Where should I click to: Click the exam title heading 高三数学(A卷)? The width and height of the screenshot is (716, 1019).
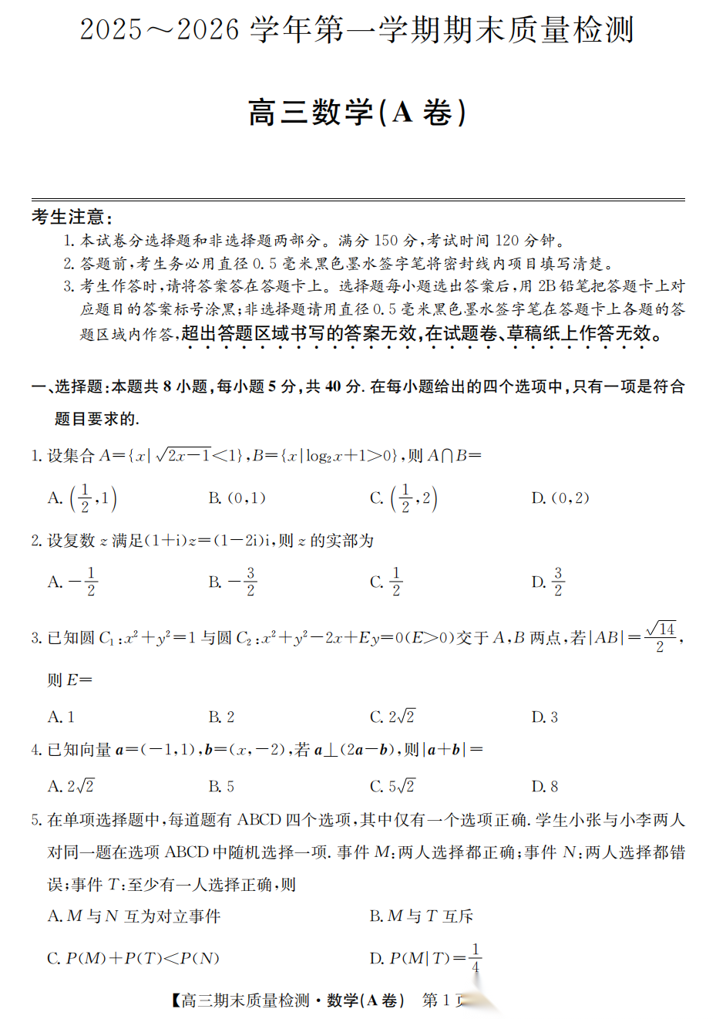[357, 113]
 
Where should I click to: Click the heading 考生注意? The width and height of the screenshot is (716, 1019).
[72, 217]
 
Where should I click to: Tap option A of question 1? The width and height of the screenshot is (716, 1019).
[82, 498]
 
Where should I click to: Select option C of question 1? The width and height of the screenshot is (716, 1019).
[404, 498]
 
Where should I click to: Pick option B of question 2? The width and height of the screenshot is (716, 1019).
[232, 582]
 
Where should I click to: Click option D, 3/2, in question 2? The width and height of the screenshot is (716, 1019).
[549, 582]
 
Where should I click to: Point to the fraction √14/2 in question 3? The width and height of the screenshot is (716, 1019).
[661, 637]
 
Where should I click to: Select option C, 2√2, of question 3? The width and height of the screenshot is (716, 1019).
[392, 717]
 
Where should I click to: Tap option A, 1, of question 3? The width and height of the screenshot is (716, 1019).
[62, 717]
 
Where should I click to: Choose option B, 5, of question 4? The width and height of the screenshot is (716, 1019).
[222, 786]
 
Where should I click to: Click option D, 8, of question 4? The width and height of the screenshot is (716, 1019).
[545, 786]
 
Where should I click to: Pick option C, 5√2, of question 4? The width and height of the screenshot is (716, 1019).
[392, 786]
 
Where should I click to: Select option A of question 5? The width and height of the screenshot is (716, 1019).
[134, 916]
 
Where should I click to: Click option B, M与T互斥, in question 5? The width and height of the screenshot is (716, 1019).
[421, 916]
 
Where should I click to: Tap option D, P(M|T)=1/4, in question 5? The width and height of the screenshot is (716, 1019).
[426, 958]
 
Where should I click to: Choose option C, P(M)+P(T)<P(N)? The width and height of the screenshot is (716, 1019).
[133, 958]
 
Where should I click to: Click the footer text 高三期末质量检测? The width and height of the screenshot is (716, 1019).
[245, 1000]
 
